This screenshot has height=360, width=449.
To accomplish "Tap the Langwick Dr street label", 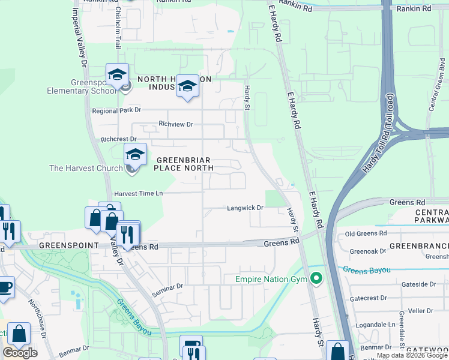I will pos(245,208).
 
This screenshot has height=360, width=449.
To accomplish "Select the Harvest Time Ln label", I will pos(139,193).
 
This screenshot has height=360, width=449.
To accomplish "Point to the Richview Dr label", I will pos(176,124).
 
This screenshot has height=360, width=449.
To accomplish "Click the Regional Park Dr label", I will pos(116,110).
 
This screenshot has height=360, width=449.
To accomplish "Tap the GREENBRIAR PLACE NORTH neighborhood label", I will pos(184,164).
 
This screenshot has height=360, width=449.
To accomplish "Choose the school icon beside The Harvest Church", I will pos(135,155).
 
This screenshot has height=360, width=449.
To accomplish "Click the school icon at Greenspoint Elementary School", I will pos(117,75).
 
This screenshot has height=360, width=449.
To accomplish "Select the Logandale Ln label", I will pos(375,324).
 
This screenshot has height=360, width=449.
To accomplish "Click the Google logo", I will pos(20,353).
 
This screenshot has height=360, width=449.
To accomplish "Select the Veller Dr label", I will pos(420,311).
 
